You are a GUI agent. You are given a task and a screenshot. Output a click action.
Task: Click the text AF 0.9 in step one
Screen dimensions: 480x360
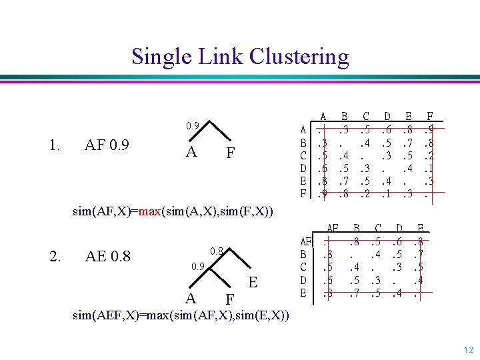click(107, 145)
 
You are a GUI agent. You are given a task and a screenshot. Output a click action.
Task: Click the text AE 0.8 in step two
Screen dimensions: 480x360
click(107, 256)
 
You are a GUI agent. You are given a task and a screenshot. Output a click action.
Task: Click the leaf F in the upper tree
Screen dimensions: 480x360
click(230, 154)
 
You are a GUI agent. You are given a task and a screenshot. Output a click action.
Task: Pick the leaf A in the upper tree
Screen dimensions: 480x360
click(191, 153)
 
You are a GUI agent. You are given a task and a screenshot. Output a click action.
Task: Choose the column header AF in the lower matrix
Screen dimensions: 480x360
click(332, 229)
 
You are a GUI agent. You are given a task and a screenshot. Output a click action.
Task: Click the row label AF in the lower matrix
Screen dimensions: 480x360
click(305, 241)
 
